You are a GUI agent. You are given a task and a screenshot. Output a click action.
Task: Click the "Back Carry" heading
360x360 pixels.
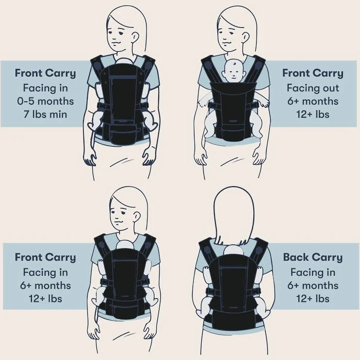(x=312, y=257)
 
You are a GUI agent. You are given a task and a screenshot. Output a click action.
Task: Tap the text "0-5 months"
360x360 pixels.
(x=46, y=101)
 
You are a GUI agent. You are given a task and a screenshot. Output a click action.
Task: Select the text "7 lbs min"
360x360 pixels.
(x=45, y=114)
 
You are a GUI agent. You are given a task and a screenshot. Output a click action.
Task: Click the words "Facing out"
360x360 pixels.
(x=312, y=88)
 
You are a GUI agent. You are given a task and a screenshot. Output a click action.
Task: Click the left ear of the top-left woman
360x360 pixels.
(x=135, y=37)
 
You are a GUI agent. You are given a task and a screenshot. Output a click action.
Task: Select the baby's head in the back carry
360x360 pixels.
(x=233, y=250)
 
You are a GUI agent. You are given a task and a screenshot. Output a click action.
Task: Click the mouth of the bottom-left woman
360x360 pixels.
(x=119, y=222)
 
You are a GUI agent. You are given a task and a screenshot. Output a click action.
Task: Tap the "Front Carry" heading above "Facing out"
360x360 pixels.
(x=312, y=74)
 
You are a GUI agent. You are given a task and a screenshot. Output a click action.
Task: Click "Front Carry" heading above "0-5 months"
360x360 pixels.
(x=45, y=74)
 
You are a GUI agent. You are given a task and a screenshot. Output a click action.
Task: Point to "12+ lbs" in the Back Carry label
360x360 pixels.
(x=312, y=298)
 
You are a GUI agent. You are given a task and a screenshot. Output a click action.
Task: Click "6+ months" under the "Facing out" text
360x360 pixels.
(x=312, y=101)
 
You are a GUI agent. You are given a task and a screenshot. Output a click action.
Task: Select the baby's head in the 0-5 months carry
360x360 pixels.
(x=124, y=61)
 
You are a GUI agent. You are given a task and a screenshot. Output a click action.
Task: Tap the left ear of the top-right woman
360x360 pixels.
(x=245, y=37)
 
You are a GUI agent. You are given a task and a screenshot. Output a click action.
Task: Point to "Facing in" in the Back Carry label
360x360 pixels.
(x=312, y=272)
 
